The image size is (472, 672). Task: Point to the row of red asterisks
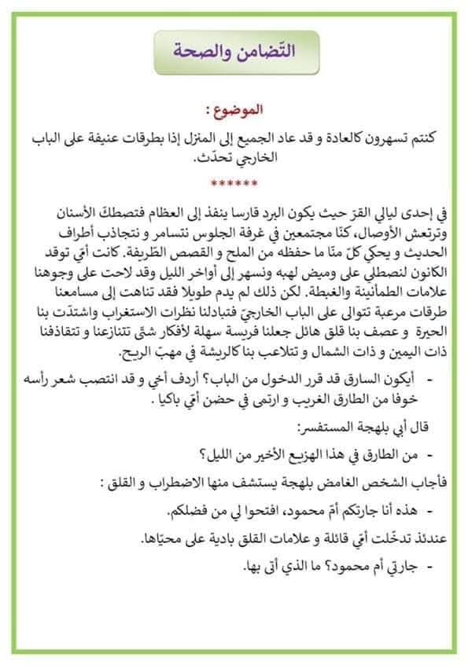[234, 185]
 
